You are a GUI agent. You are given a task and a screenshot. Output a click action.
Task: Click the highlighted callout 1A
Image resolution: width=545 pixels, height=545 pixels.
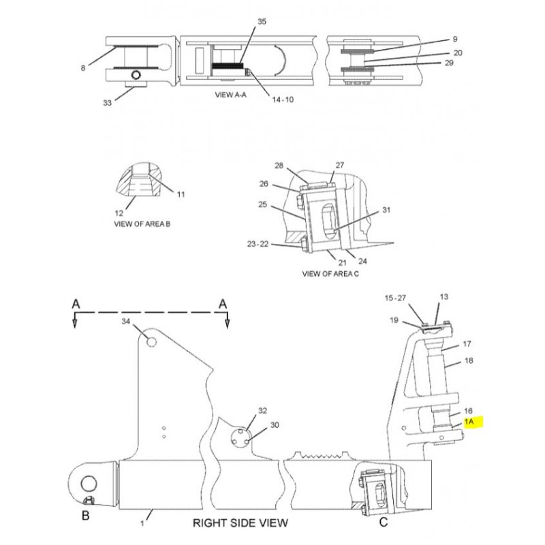click(x=469, y=422)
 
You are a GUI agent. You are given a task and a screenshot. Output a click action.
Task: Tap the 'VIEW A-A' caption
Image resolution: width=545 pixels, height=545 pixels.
click(x=231, y=95)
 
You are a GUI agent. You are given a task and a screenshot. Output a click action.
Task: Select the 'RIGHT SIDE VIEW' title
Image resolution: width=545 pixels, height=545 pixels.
click(x=240, y=523)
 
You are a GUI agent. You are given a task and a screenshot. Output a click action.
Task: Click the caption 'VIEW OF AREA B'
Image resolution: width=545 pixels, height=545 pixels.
click(x=142, y=224)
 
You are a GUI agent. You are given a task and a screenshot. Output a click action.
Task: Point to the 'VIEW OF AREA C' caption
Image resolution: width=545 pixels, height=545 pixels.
click(x=330, y=274)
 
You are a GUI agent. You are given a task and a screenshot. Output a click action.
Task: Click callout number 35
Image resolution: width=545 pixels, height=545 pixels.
click(x=262, y=22)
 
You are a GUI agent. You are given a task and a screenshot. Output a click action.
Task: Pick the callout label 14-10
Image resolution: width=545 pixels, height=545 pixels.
click(x=283, y=99)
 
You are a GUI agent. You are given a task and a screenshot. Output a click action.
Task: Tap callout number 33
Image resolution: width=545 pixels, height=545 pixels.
click(x=108, y=103)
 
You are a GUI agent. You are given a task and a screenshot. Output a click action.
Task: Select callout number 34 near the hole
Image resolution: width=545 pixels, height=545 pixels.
click(x=125, y=322)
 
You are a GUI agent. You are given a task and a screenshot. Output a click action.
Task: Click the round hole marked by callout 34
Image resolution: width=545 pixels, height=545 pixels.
click(x=151, y=342)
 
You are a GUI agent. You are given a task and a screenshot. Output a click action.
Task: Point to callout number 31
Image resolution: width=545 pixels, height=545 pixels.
click(x=386, y=210)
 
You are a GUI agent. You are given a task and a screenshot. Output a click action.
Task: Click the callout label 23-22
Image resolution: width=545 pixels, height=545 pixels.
click(x=258, y=244)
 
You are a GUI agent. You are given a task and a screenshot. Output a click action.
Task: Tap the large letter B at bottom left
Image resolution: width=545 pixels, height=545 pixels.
click(x=86, y=516)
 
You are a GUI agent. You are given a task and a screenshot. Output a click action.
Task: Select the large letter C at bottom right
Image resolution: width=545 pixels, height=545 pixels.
click(x=384, y=522)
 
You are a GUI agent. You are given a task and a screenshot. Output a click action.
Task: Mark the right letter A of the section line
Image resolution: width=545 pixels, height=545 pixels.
click(x=223, y=305)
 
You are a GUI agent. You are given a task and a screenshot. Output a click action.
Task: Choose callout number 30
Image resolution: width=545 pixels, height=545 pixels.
click(x=275, y=425)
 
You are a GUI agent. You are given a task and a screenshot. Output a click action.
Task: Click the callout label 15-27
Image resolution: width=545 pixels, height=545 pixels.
click(x=395, y=298)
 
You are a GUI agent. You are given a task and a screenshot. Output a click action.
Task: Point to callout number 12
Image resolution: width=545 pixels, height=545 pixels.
click(x=119, y=213)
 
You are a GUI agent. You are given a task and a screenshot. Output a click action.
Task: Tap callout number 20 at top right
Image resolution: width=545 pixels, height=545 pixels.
click(x=458, y=53)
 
